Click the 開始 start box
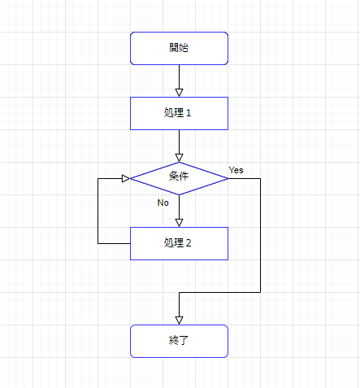pyautogui.click(x=179, y=48)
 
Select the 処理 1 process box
pyautogui.click(x=179, y=113)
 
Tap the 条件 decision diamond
pyautogui.click(x=179, y=178)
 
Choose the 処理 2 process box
pyautogui.click(x=179, y=243)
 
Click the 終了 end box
pyautogui.click(x=179, y=341)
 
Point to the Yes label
pyautogui.click(x=236, y=170)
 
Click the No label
pyautogui.click(x=163, y=203)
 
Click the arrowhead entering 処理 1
pyautogui.click(x=179, y=93)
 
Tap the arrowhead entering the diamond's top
pyautogui.click(x=179, y=158)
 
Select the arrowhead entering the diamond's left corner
pyautogui.click(x=126, y=178)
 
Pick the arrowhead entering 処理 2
pyautogui.click(x=179, y=223)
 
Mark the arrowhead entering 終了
pyautogui.click(x=179, y=320)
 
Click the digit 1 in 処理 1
pyautogui.click(x=189, y=113)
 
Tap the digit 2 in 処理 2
pyautogui.click(x=189, y=243)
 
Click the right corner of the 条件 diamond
pyautogui.click(x=228, y=178)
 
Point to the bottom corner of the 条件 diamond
pyautogui.click(x=179, y=194)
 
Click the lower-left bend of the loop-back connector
pyautogui.click(x=98, y=243)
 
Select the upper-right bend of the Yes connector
pyautogui.click(x=260, y=178)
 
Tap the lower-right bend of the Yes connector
pyautogui.click(x=260, y=292)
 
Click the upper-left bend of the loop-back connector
pyautogui.click(x=98, y=178)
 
